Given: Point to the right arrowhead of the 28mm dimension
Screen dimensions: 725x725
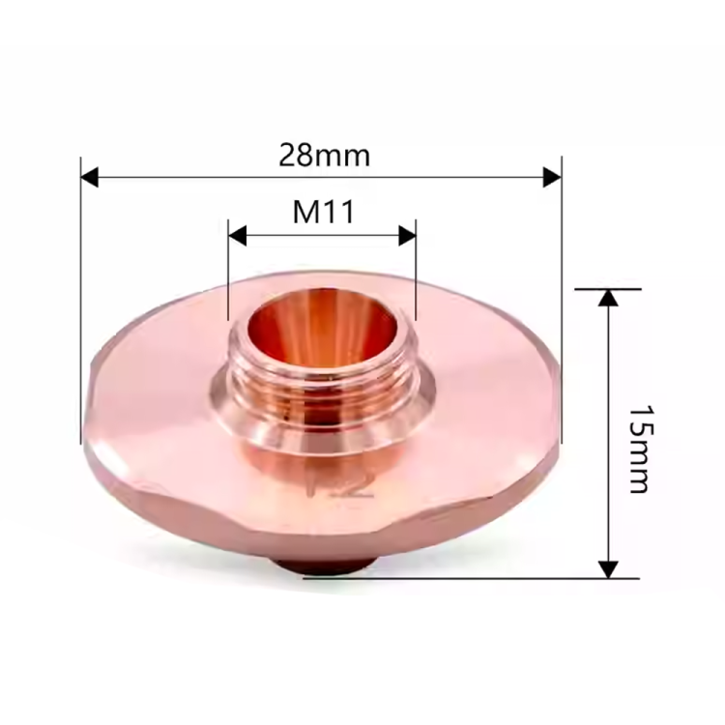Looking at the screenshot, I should pos(552,177).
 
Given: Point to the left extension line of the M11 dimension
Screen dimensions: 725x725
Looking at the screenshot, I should pos(227,275).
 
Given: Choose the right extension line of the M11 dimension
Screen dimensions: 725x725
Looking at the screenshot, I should pos(416,275).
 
